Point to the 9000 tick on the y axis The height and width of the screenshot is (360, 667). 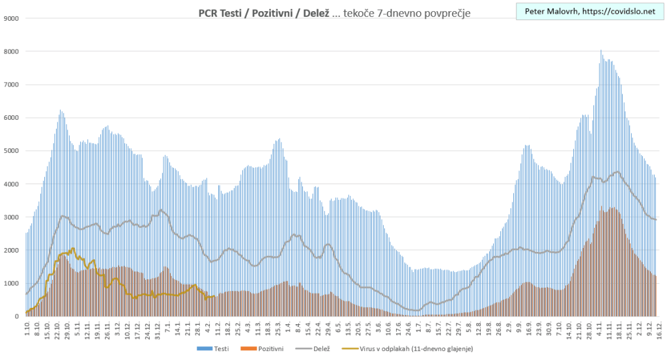coord(11,18)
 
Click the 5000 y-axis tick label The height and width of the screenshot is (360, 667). coord(11,151)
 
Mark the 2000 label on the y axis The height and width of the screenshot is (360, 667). coord(11,250)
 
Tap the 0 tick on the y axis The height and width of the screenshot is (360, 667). coord(17,316)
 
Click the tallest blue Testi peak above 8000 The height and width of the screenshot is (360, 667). coord(601,51)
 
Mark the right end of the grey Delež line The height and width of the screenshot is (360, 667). coord(655,219)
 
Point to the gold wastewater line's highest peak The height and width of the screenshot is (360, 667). coord(73,248)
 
